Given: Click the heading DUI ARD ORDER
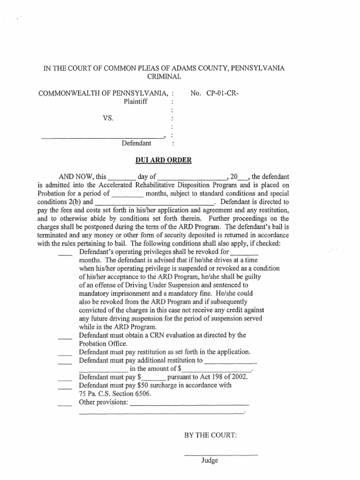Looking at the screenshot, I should click(163, 160).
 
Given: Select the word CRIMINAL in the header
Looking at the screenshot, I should click(163, 76).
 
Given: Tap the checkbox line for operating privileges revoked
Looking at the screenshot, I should click(65, 255).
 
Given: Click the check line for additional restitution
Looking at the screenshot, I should click(65, 363).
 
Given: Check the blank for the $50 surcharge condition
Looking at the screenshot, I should click(65, 388).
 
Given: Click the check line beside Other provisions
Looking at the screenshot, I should click(65, 405).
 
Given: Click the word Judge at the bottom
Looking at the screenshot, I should click(210, 461).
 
